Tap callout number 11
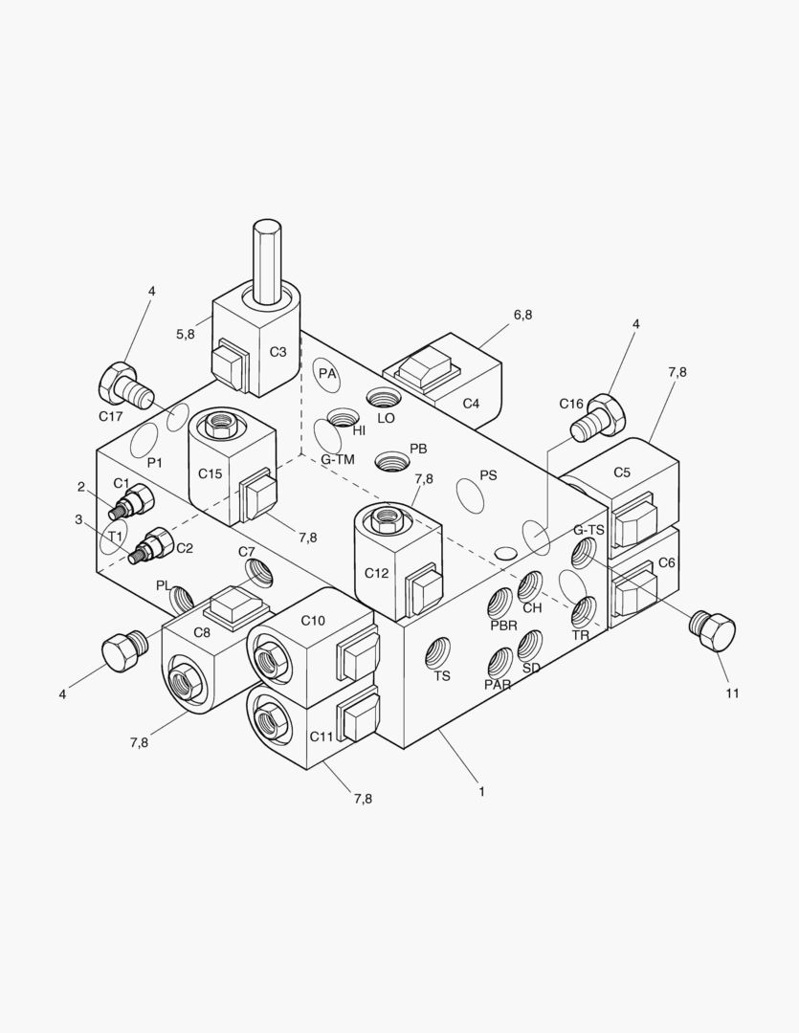click(x=732, y=693)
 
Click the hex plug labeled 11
click(x=712, y=630)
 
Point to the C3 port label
click(x=277, y=352)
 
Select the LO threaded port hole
click(x=386, y=398)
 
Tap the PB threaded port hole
click(x=390, y=462)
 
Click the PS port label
click(x=488, y=475)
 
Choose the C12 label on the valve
click(x=376, y=573)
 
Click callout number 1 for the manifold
click(x=482, y=791)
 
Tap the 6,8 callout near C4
click(x=522, y=315)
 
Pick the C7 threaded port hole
click(x=258, y=572)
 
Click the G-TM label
click(x=338, y=460)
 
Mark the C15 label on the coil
click(x=210, y=473)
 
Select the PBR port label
click(x=503, y=626)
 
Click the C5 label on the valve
click(x=622, y=472)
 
